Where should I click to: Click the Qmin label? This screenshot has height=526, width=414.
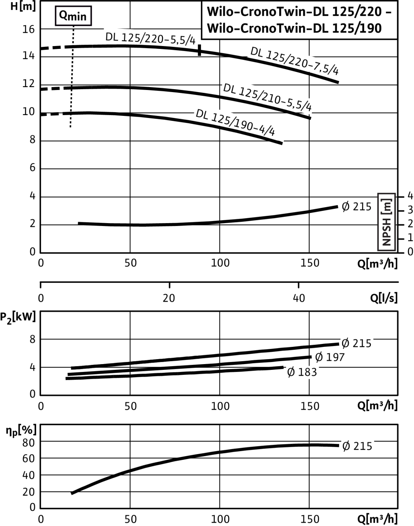(73, 16)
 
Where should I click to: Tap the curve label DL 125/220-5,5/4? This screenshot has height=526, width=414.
(150, 39)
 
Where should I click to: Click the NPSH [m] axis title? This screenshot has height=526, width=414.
(386, 222)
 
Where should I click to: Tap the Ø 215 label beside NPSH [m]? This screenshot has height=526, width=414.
(356, 206)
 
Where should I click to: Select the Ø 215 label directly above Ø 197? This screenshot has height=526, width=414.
(356, 343)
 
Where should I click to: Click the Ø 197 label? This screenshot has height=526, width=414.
(330, 358)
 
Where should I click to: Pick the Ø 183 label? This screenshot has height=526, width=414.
(302, 372)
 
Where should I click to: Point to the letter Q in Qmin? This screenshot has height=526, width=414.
(64, 16)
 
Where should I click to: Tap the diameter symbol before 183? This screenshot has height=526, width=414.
(291, 372)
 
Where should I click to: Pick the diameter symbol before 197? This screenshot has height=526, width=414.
(319, 358)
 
